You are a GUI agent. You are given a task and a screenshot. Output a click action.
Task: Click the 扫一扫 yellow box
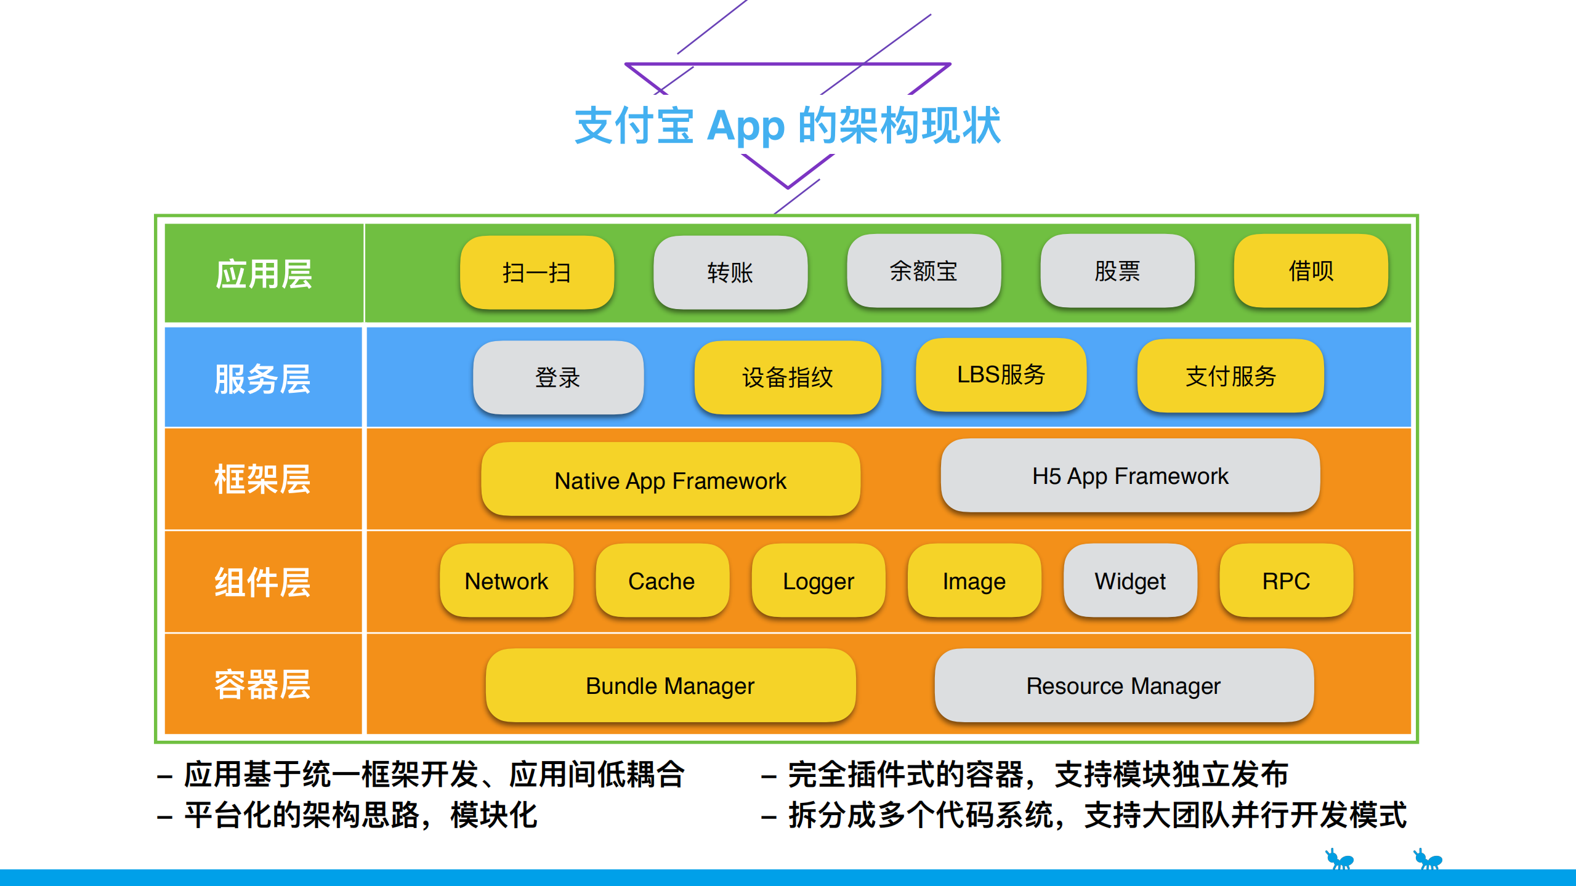tap(536, 272)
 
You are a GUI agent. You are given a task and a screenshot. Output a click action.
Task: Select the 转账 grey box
tap(730, 272)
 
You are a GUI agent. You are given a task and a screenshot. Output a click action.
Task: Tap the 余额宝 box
tap(923, 271)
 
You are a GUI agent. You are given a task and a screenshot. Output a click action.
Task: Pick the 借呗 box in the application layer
tap(1311, 271)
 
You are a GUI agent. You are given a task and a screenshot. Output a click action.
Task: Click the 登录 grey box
tap(558, 377)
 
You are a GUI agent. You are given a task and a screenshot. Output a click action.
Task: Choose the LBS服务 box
tap(1001, 374)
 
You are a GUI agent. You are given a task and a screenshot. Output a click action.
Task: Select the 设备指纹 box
tap(787, 377)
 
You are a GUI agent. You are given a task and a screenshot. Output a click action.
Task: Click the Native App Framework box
tap(670, 480)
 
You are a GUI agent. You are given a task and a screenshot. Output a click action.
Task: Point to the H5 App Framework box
tap(1130, 476)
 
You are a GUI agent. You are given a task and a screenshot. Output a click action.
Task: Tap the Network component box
tap(506, 581)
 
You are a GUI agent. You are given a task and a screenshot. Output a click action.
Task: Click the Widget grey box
tap(1130, 581)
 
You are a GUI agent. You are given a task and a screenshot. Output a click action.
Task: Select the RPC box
tap(1286, 581)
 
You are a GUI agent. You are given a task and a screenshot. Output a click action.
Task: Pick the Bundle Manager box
tap(670, 686)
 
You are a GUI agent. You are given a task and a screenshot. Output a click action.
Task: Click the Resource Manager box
tap(1123, 686)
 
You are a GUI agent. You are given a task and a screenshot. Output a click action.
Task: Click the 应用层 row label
tap(264, 274)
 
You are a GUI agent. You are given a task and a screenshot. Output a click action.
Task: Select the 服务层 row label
tap(262, 379)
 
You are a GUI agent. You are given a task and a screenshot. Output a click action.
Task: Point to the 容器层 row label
tap(262, 685)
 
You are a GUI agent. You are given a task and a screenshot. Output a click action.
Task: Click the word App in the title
tap(745, 127)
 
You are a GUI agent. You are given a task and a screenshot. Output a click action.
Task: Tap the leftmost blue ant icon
tap(1339, 859)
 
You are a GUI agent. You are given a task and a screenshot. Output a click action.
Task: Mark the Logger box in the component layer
tap(818, 581)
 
